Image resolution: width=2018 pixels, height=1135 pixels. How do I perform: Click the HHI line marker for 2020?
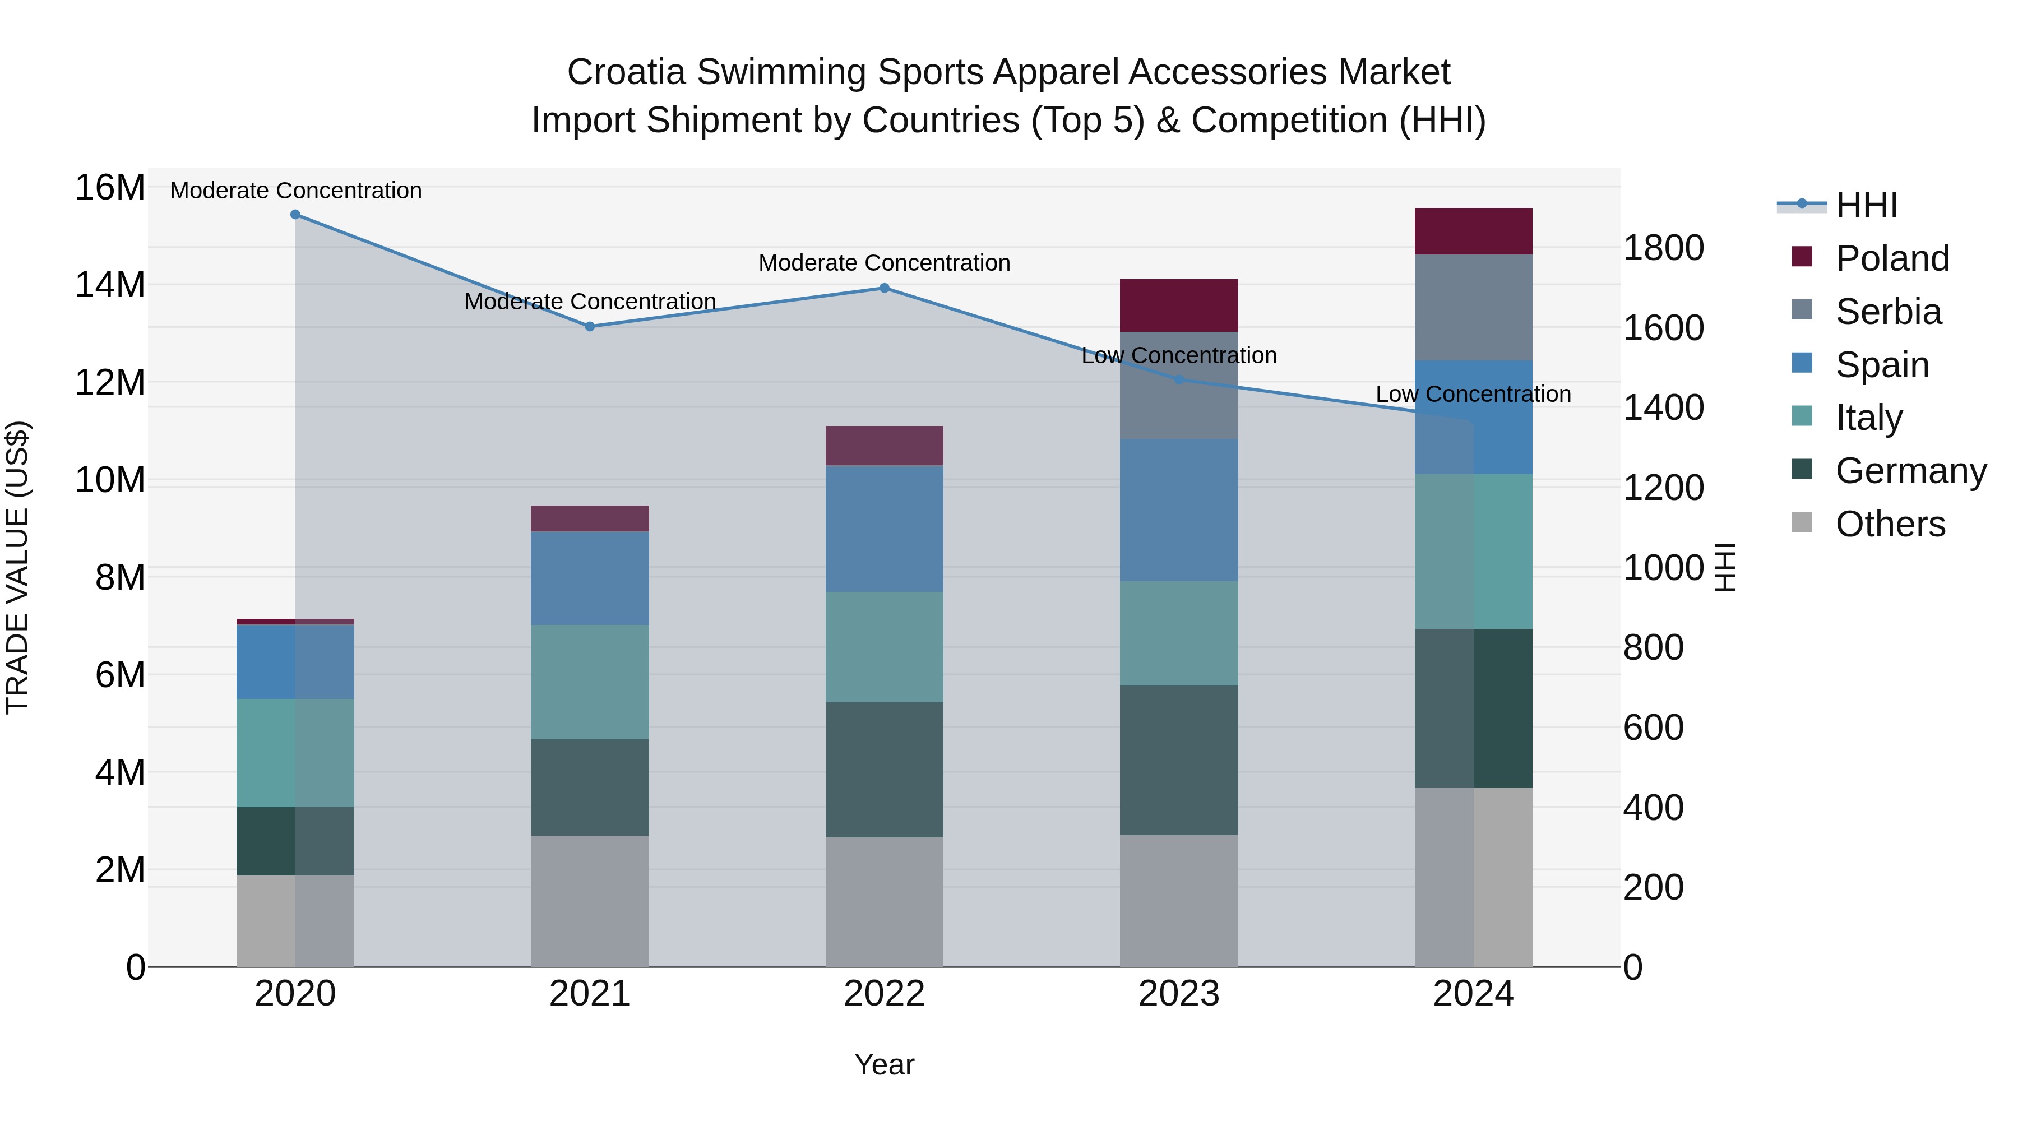coord(295,215)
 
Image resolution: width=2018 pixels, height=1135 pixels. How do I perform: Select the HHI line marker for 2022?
coord(885,288)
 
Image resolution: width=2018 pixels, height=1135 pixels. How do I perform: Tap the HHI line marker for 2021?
coord(590,327)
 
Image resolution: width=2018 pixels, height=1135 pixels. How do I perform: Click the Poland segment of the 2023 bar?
coord(1179,305)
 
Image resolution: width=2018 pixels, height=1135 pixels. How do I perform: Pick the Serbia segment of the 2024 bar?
coord(1474,308)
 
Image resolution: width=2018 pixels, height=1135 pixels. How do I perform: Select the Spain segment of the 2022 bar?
coord(885,529)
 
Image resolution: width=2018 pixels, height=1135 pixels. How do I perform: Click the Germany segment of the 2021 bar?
coord(590,787)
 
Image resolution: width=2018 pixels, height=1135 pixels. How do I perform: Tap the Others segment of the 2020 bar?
coord(295,921)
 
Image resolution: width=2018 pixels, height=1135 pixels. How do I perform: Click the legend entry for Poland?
coord(1892,258)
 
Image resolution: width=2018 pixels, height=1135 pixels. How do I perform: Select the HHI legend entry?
coord(1866,205)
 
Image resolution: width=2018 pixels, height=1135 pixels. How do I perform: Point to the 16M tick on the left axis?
coord(110,188)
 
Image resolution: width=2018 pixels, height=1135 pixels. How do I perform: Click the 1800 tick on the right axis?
coord(1663,248)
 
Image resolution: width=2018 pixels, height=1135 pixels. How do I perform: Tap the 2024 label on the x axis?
coord(1474,994)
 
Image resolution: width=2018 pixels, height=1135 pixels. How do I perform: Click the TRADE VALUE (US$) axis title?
coord(17,567)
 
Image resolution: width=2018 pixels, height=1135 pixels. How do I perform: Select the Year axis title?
coord(885,1064)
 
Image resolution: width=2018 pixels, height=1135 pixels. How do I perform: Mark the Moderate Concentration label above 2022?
coord(885,263)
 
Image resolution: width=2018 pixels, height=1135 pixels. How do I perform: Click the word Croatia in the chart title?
coord(626,72)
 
